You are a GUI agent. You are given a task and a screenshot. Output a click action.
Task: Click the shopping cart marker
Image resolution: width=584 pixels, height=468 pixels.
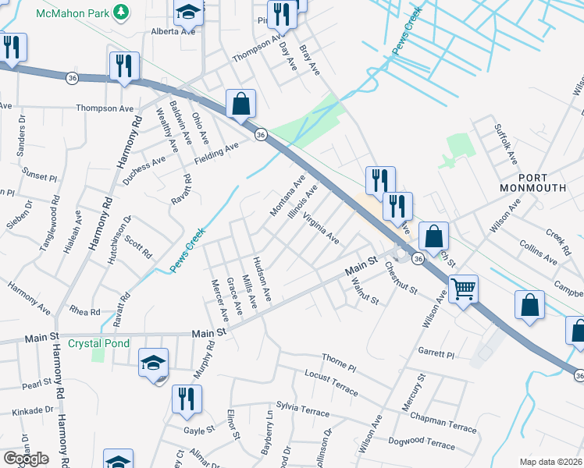(x=464, y=290)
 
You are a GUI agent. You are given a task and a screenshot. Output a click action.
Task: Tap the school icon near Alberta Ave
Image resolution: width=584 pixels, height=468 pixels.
(x=188, y=12)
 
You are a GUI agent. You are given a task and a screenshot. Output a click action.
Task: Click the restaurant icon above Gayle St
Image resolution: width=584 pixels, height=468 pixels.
(x=187, y=399)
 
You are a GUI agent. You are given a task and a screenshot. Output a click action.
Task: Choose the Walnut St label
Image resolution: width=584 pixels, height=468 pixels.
(x=365, y=291)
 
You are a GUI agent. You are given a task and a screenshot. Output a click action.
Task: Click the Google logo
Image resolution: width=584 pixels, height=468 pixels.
(x=26, y=459)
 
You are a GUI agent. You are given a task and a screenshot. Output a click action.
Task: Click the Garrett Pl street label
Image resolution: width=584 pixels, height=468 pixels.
(x=436, y=353)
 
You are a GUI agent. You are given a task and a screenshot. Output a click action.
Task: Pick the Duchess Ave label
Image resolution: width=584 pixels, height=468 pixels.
(x=144, y=169)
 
